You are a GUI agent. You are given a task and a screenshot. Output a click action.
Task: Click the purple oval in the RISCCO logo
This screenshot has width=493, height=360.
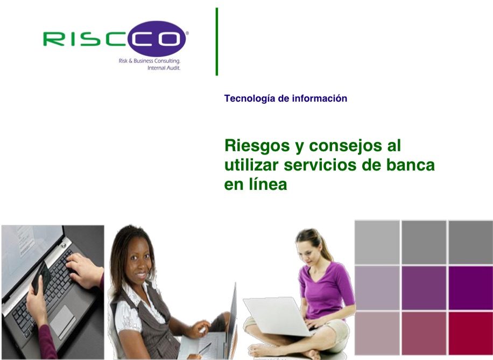click(x=157, y=39)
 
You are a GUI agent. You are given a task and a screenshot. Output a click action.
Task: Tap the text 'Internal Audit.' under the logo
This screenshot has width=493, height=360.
click(x=164, y=68)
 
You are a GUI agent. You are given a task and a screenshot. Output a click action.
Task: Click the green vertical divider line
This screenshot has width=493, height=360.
click(x=217, y=41)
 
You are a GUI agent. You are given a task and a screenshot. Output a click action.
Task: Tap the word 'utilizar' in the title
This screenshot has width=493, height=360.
click(x=251, y=165)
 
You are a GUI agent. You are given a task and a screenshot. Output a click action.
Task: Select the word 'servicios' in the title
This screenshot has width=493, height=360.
click(x=320, y=165)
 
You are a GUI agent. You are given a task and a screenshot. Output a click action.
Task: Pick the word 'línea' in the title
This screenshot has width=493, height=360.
click(x=268, y=184)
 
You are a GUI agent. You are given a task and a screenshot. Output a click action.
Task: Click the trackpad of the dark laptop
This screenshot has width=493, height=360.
click(x=62, y=321)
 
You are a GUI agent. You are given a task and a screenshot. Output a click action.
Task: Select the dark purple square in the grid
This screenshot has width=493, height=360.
click(x=470, y=288)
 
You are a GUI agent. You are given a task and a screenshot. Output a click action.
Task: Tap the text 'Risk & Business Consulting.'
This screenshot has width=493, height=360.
click(x=149, y=61)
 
